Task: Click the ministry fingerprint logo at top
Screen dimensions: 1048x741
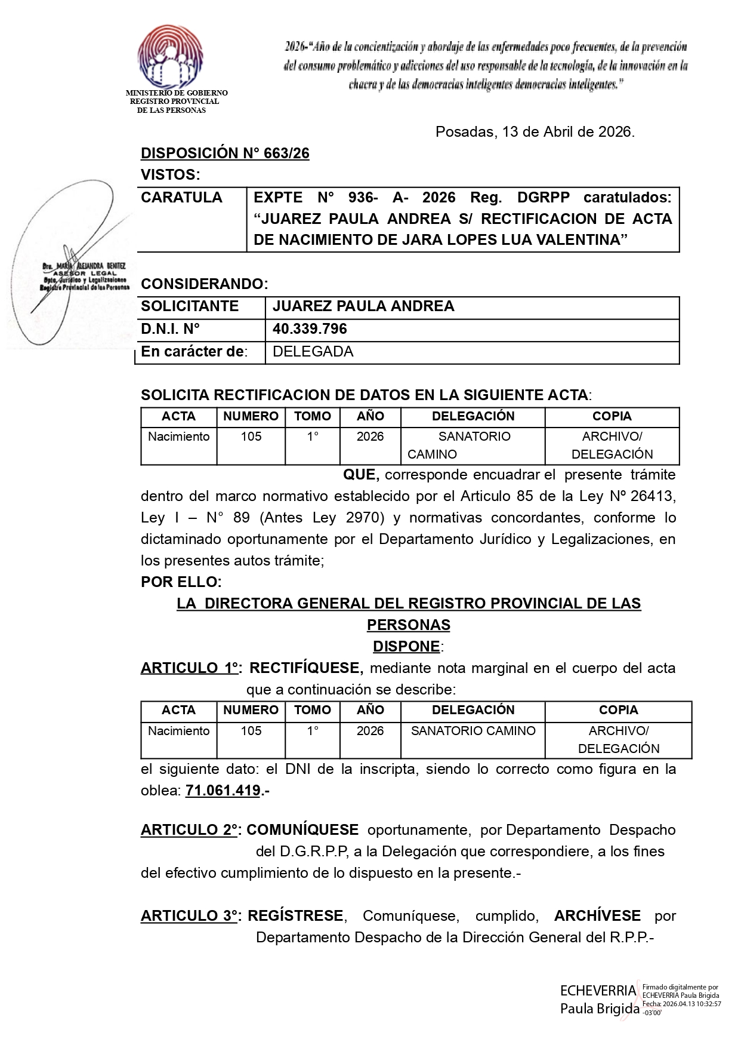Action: click(170, 57)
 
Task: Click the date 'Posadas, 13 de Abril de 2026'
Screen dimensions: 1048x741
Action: click(535, 132)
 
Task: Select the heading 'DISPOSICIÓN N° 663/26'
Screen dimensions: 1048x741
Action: click(225, 153)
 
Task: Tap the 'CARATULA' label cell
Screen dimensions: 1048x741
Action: click(181, 198)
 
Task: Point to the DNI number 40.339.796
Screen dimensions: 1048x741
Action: click(310, 329)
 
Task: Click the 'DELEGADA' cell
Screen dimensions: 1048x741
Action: click(313, 352)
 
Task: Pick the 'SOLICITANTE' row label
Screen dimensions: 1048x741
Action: click(190, 306)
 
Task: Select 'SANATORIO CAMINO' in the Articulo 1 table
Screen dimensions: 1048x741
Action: click(473, 731)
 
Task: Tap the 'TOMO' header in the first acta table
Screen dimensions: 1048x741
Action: click(312, 416)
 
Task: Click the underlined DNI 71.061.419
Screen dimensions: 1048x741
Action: click(223, 791)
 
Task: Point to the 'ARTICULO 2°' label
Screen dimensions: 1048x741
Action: click(190, 830)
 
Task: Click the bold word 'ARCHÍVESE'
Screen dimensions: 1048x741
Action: click(597, 916)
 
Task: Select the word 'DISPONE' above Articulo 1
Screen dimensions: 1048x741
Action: click(406, 647)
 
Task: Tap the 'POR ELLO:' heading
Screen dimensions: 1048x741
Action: click(181, 582)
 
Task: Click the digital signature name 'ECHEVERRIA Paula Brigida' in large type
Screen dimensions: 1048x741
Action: click(598, 1000)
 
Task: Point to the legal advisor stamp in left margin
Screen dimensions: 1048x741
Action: click(85, 276)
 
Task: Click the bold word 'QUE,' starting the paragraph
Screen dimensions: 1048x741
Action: click(361, 475)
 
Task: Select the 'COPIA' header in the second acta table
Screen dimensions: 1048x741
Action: click(618, 710)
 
